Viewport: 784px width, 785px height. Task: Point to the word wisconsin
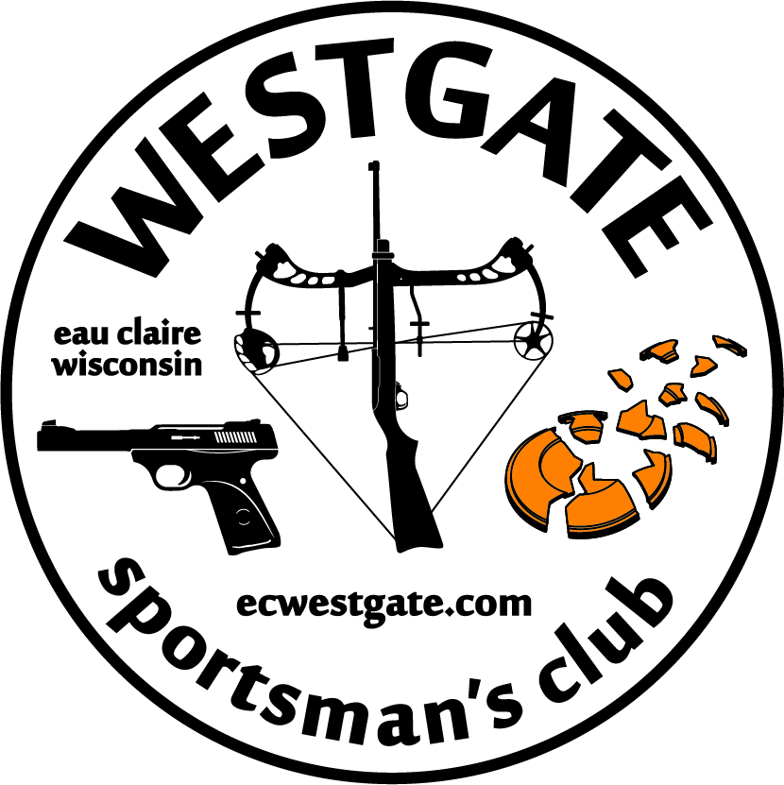pyautogui.click(x=128, y=365)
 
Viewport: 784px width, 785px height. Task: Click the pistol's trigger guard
pyautogui.click(x=173, y=474)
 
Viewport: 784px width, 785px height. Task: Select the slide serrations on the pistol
pyautogui.click(x=236, y=437)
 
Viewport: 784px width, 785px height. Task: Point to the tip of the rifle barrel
pyautogui.click(x=374, y=164)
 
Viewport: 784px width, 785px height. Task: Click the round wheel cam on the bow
pyautogui.click(x=533, y=340)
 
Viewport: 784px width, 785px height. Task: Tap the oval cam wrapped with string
pyautogui.click(x=256, y=351)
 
